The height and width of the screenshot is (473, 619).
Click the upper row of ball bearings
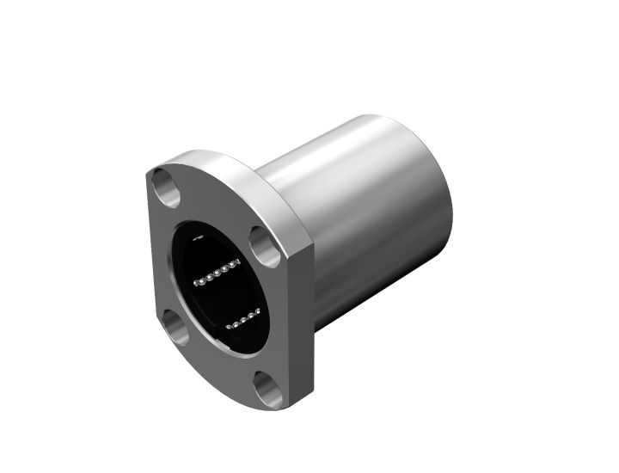pos(215,273)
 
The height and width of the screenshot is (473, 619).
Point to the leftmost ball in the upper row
pos(198,281)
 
